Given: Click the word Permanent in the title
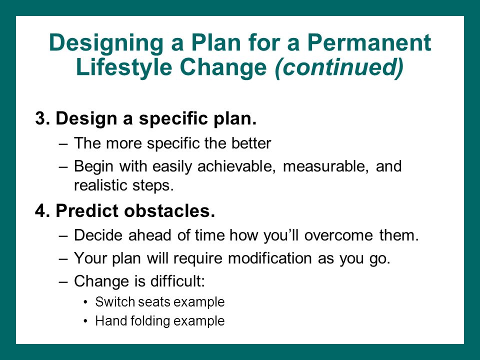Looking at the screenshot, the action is tap(369, 42).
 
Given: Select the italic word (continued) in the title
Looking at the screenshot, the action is tap(339, 67).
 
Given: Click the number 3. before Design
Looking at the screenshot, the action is tap(42, 118).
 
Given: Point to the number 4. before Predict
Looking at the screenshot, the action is tap(42, 210).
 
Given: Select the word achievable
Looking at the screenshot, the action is tap(235, 166).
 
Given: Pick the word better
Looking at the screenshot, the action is tap(251, 143).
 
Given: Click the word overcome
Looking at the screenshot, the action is tap(338, 235).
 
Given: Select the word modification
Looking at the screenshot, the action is tap(270, 258).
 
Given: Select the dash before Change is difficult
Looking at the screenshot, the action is tap(63, 282).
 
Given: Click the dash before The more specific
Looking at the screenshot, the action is tap(63, 144).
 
